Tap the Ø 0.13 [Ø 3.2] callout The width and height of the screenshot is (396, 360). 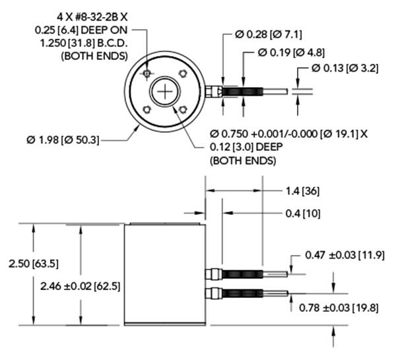(347, 69)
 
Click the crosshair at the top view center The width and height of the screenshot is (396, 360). (163, 93)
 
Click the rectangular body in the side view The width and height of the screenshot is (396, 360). (164, 274)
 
